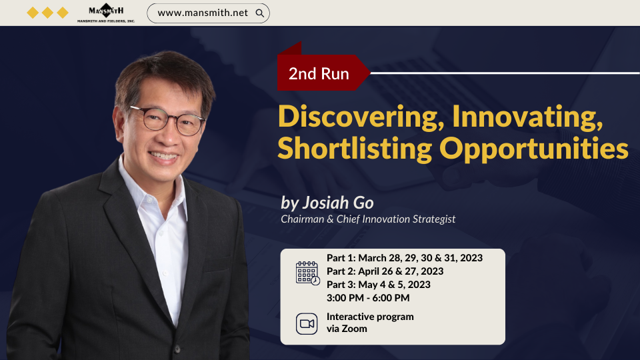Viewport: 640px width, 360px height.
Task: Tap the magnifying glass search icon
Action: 259,13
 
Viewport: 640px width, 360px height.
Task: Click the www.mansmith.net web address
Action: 203,13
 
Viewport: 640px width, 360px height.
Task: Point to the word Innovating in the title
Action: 527,117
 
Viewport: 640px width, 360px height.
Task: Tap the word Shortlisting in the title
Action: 355,149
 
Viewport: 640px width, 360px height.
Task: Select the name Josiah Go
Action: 337,203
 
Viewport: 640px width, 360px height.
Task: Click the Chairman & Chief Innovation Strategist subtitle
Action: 368,219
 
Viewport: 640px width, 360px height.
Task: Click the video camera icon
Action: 307,324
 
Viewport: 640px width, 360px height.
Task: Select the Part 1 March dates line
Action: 405,258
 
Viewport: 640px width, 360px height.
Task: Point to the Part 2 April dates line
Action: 385,271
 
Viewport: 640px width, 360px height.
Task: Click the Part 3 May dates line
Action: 379,285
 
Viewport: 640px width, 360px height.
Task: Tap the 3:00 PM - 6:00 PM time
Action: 368,298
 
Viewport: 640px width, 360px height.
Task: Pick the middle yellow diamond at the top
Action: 48,13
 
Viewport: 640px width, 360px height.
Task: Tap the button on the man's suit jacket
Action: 177,349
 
